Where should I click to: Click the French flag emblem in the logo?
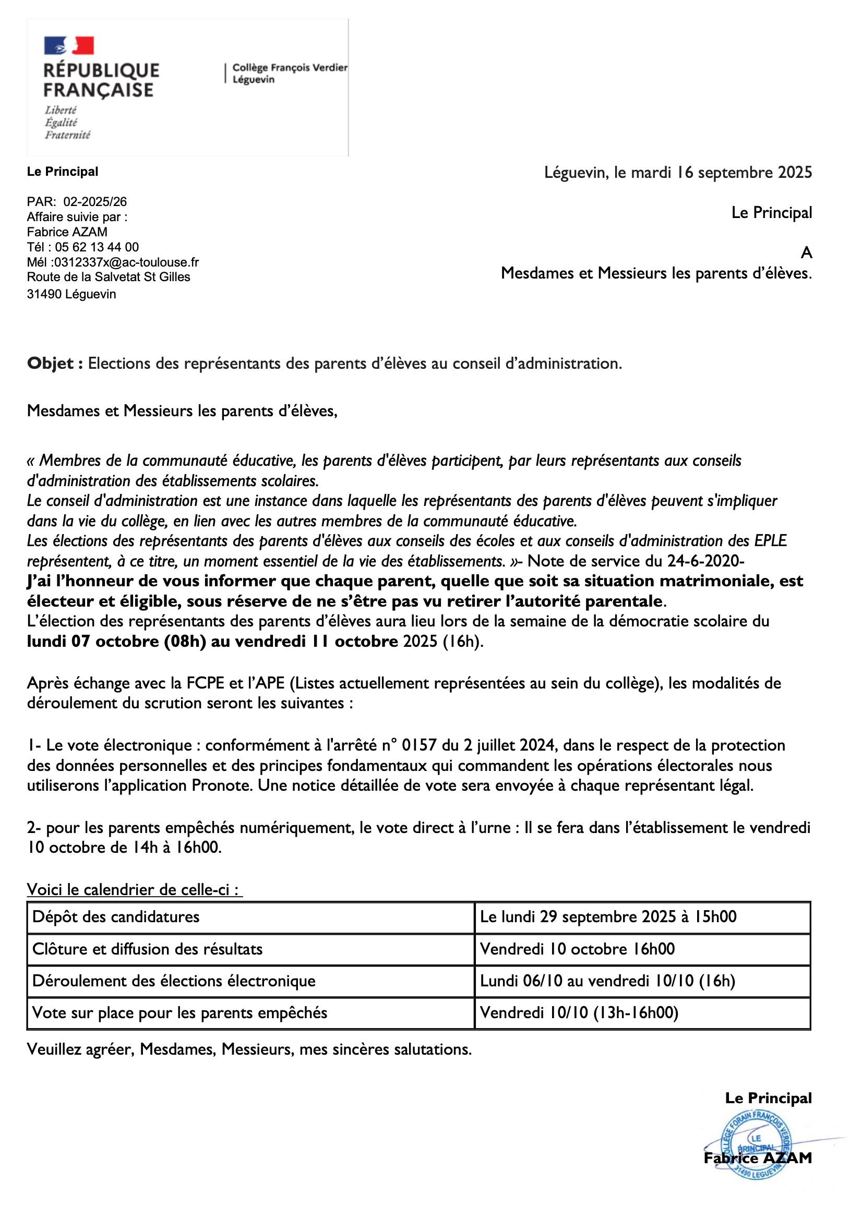[x=69, y=45]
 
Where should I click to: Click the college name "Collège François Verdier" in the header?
[x=290, y=67]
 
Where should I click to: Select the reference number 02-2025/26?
[x=95, y=202]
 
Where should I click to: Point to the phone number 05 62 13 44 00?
[x=97, y=247]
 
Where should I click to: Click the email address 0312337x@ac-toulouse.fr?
[x=126, y=262]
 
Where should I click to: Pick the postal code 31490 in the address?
[x=44, y=294]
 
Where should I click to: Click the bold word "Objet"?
[x=51, y=364]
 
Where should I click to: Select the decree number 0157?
[x=419, y=745]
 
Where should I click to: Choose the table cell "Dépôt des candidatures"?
[x=116, y=917]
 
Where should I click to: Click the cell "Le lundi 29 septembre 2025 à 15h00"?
[x=608, y=917]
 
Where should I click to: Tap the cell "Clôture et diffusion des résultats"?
[x=148, y=949]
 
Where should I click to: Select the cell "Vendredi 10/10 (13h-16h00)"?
[x=579, y=1013]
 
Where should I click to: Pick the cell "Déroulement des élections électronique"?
[x=174, y=981]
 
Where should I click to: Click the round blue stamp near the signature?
[x=757, y=1149]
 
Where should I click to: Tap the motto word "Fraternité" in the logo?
[x=67, y=135]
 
